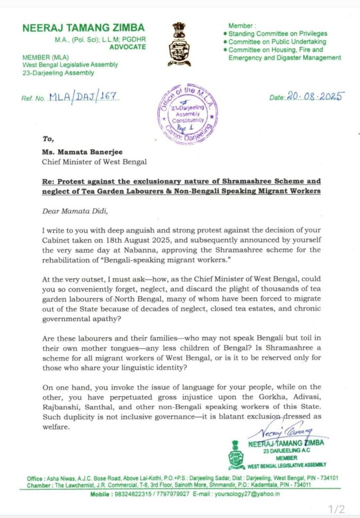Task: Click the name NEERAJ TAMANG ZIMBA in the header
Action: (83, 28)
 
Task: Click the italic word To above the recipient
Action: (49, 137)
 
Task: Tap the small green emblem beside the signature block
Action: (235, 454)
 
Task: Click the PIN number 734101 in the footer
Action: (327, 478)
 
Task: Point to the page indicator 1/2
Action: (337, 507)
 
